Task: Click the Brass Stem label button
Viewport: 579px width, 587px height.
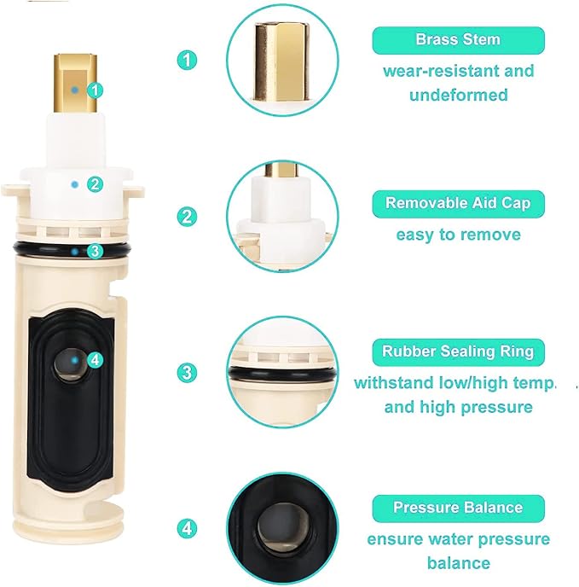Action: pyautogui.click(x=458, y=40)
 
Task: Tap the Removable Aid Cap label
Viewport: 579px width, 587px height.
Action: pyautogui.click(x=458, y=204)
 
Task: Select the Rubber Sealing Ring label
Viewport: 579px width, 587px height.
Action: pyautogui.click(x=458, y=352)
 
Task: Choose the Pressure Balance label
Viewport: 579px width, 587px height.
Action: pyautogui.click(x=458, y=508)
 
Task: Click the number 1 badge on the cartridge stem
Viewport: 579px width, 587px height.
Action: pyautogui.click(x=95, y=90)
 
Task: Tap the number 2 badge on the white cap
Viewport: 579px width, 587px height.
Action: pyautogui.click(x=95, y=184)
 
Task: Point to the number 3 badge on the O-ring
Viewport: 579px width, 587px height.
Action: pyautogui.click(x=95, y=251)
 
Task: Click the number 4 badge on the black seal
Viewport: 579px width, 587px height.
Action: pyautogui.click(x=95, y=360)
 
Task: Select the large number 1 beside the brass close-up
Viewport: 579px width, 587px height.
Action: pyautogui.click(x=187, y=61)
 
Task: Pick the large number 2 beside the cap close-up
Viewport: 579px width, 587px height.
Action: pyautogui.click(x=187, y=217)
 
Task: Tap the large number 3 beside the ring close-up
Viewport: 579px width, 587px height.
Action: pyautogui.click(x=187, y=373)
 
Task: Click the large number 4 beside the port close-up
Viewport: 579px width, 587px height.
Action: pyautogui.click(x=187, y=529)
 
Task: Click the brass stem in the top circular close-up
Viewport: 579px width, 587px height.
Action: pyautogui.click(x=282, y=61)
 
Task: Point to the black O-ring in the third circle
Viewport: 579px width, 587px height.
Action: pyautogui.click(x=282, y=374)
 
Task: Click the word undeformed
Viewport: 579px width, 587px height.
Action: pyautogui.click(x=459, y=95)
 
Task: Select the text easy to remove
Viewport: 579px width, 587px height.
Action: pyautogui.click(x=459, y=235)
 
